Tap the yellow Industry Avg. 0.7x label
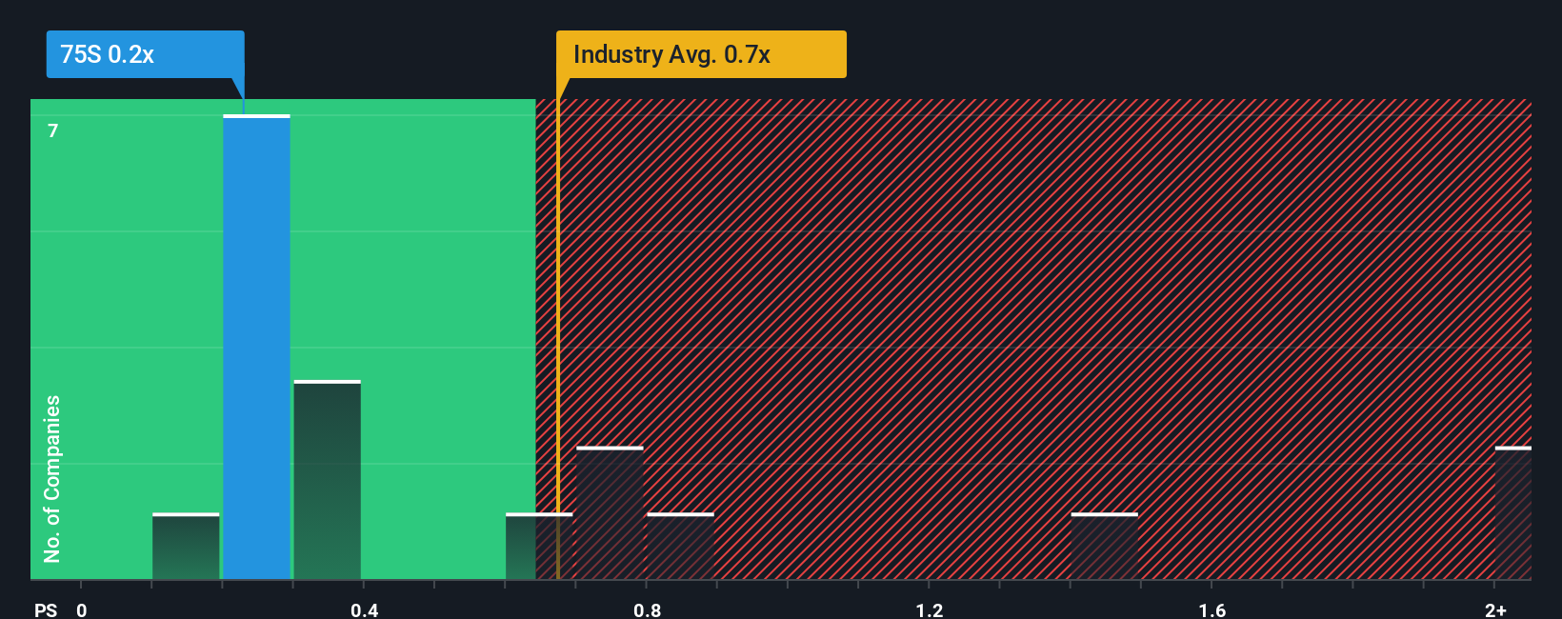coord(701,54)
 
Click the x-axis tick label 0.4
coord(364,609)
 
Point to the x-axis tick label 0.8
coord(647,609)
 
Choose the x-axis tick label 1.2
coord(930,609)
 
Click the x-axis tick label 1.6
coord(1212,609)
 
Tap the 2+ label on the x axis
coord(1495,609)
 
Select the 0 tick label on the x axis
coord(82,609)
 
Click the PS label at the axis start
coord(46,609)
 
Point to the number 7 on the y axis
coord(53,130)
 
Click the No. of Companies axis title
coord(52,478)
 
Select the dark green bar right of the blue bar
coord(327,480)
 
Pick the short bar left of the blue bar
coord(186,547)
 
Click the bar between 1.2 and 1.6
coord(1104,547)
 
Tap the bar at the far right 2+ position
coord(1512,513)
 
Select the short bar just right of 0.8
coord(680,547)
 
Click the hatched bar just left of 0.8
coord(610,513)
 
